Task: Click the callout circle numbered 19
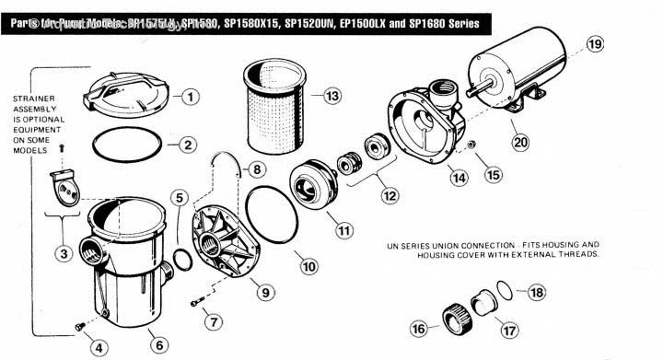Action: (x=596, y=44)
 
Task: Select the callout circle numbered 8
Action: (x=256, y=169)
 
